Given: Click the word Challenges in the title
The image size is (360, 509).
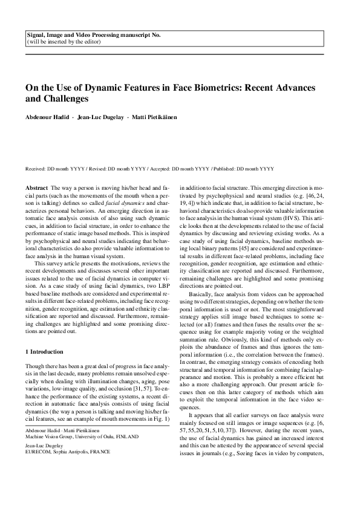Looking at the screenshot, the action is coord(63,98).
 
